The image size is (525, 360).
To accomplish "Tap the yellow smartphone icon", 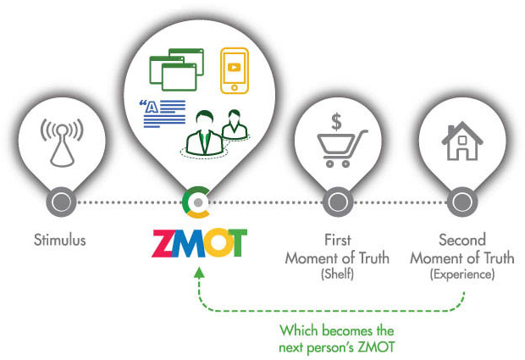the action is (235, 70).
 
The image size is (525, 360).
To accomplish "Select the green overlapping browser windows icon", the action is (176, 69).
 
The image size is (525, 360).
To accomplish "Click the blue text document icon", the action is (163, 114).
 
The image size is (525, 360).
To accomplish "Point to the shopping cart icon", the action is (342, 148).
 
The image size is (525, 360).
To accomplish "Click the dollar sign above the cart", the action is (336, 122).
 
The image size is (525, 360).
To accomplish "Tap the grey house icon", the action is (462, 141).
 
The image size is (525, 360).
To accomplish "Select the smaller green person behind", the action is (235, 124).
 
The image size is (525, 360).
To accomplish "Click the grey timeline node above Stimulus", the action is (62, 202).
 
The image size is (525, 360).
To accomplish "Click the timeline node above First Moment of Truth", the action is (338, 202).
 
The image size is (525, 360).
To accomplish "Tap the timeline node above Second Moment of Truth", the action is (462, 202).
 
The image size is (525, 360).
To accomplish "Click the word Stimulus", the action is (60, 240).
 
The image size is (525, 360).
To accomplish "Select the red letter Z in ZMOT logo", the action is (163, 243).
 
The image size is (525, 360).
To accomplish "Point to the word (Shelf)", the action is (338, 274).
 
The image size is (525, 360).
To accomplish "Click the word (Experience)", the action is (462, 274).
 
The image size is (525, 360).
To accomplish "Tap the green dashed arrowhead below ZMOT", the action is (199, 272).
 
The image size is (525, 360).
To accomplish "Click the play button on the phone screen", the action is (234, 67).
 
